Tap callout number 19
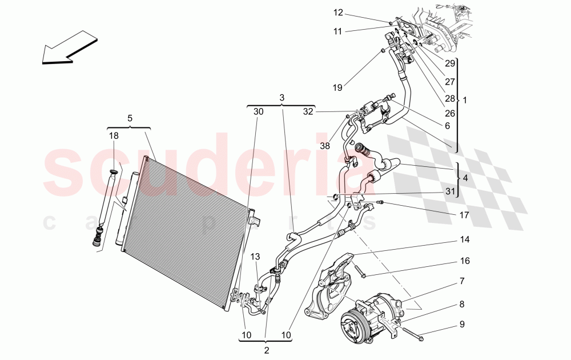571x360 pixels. pos(337,87)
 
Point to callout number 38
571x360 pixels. pos(324,146)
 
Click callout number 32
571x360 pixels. pos(308,112)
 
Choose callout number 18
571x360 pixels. pos(114,135)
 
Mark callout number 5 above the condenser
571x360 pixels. pos(130,118)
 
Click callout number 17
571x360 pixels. pos(464,215)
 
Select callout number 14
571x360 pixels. pos(465,239)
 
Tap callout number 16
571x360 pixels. pos(465,261)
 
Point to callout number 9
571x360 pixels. pos(461,325)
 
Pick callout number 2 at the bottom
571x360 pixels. pos(266,350)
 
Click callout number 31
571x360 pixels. pos(451,191)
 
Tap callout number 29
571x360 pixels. pos(450,63)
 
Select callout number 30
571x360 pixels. pos(259,112)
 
